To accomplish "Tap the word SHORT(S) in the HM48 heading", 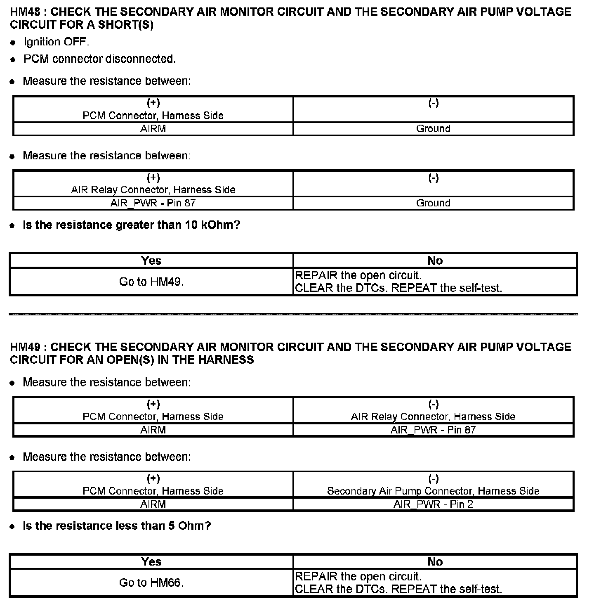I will click(x=126, y=25).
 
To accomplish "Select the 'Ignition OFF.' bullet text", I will click(x=56, y=42).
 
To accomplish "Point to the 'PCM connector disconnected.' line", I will click(x=99, y=59).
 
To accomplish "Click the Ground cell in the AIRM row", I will click(x=433, y=129).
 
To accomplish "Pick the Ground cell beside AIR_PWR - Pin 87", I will click(x=433, y=203).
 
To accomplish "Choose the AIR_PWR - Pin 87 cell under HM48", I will click(x=153, y=203).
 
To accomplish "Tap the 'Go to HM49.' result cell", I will click(x=151, y=282).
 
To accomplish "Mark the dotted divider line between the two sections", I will click(x=293, y=314).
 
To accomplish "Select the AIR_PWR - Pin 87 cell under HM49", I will click(x=433, y=430).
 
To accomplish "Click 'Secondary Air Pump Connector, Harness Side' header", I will click(x=433, y=491).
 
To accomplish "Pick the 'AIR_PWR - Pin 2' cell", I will click(x=433, y=504).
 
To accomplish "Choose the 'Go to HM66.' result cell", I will click(x=151, y=583).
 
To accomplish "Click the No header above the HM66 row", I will click(x=435, y=562).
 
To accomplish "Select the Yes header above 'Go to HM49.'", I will click(x=151, y=261).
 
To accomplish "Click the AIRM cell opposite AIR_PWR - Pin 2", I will click(x=153, y=504).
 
